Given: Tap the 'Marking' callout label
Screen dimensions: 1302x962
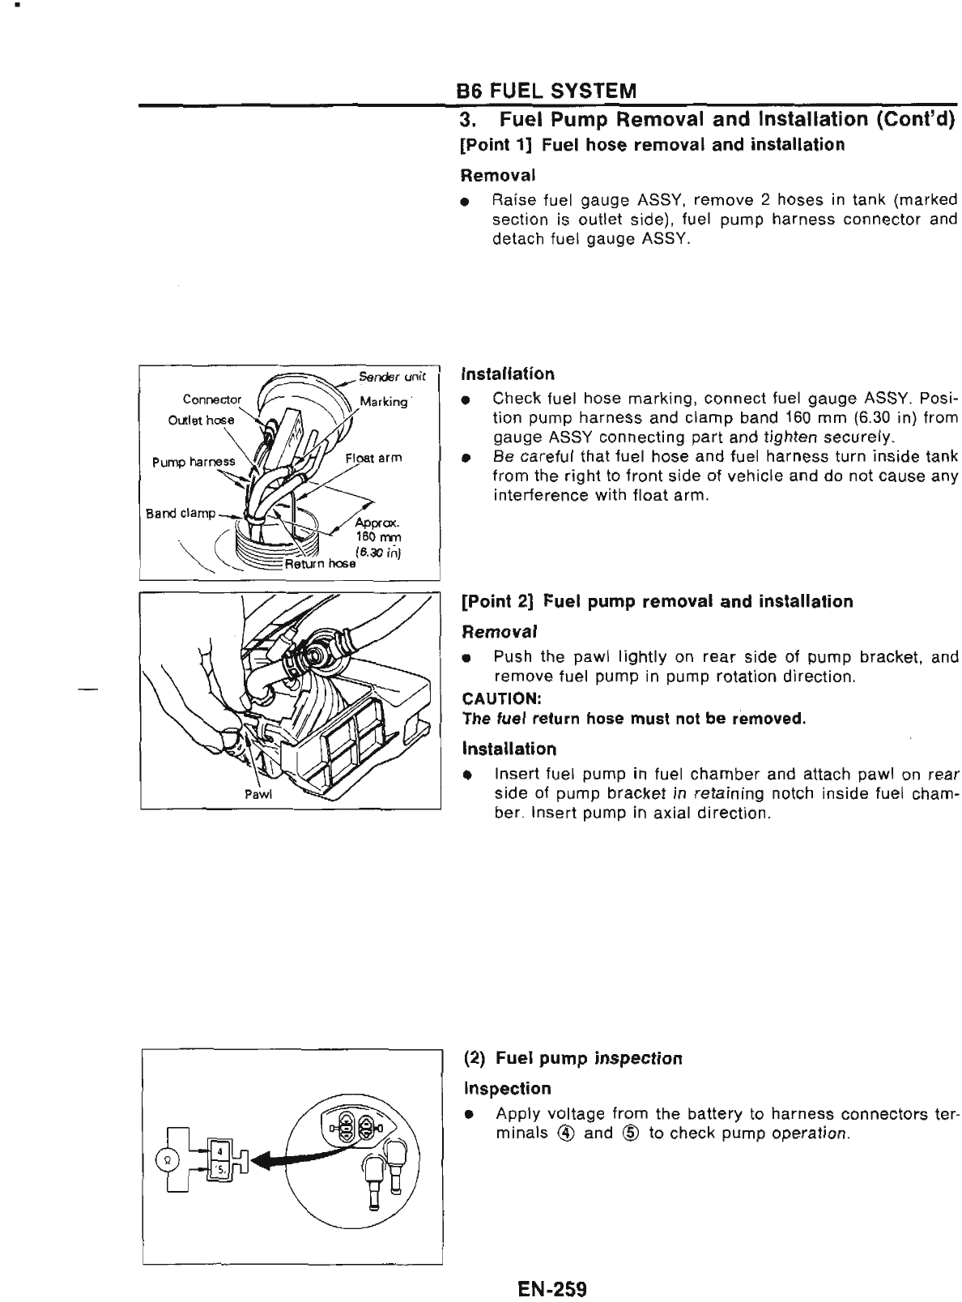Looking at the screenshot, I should click(384, 401).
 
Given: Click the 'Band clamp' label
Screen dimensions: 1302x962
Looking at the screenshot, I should click(181, 513).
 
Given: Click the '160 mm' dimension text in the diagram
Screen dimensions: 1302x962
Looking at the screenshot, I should click(374, 537).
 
